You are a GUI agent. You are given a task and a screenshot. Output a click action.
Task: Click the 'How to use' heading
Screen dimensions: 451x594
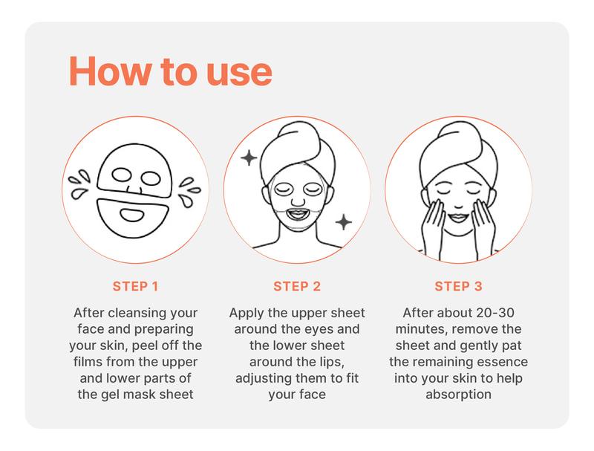click(170, 71)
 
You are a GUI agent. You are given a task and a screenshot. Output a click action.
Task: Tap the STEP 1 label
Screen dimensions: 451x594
click(135, 285)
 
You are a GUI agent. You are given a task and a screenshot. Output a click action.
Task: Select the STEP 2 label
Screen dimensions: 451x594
click(297, 285)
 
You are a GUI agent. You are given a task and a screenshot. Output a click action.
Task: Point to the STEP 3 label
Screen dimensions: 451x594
click(458, 285)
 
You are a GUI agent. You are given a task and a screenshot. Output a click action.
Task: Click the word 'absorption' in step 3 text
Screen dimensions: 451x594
click(458, 395)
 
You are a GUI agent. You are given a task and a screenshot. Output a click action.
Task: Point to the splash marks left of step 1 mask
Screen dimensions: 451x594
click(79, 184)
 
